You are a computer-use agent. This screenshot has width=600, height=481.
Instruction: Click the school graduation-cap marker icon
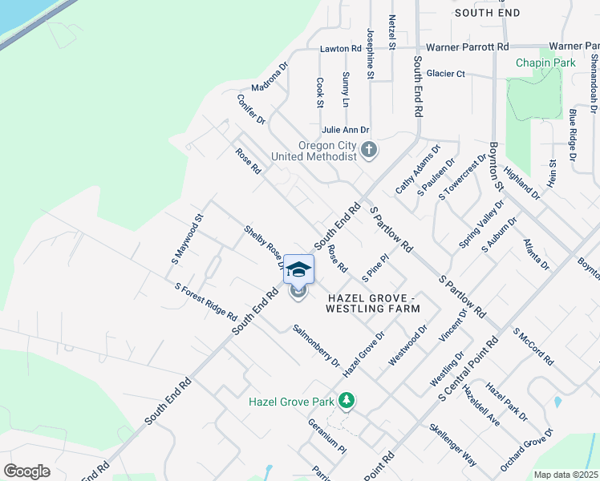pos(298,269)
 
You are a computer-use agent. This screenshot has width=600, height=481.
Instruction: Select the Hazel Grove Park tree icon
pos(347,399)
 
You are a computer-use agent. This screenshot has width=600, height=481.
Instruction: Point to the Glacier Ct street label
pos(445,74)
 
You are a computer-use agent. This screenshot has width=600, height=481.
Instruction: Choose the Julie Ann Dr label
pos(345,129)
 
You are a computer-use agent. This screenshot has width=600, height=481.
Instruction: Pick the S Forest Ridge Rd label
pos(205,301)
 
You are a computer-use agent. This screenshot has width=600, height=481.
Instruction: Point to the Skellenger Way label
pos(453,445)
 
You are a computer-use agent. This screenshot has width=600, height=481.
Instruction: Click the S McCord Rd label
pos(533,346)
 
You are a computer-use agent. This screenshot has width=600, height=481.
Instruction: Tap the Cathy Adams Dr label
pos(418,169)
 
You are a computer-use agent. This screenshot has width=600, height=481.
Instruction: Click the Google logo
pos(26,471)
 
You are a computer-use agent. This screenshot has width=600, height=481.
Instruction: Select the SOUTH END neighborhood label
pos(487,13)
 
